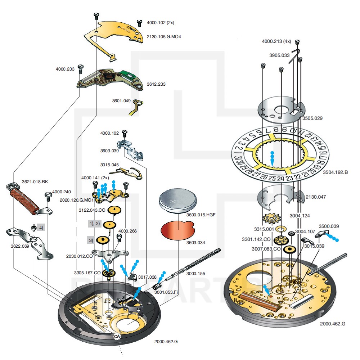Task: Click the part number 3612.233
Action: (156, 84)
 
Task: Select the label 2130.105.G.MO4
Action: (163, 37)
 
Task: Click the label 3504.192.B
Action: (334, 172)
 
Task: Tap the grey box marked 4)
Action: (41, 228)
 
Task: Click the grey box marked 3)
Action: (91, 240)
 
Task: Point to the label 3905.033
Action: (279, 55)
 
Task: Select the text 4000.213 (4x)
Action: (276, 41)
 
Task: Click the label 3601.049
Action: (121, 101)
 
